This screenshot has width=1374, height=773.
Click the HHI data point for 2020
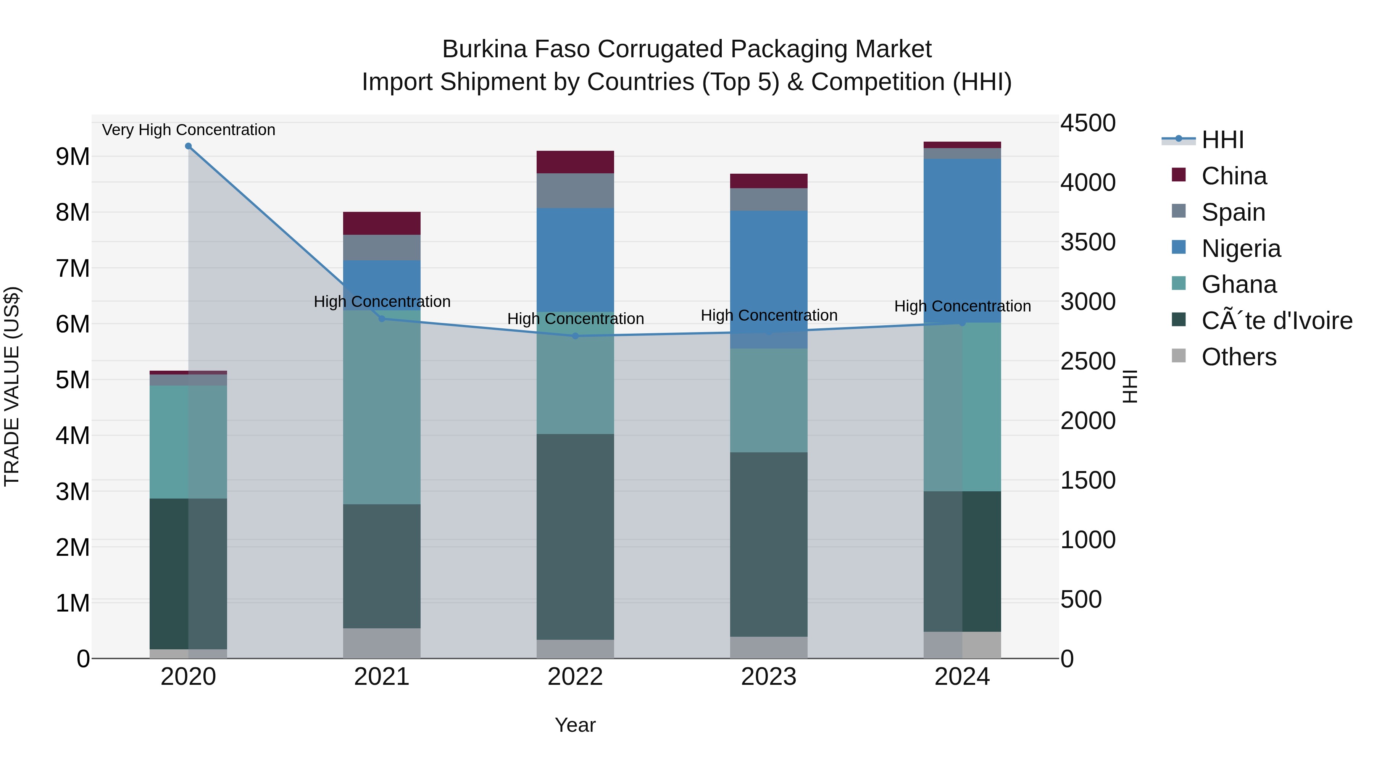(188, 146)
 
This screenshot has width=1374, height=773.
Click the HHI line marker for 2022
(575, 336)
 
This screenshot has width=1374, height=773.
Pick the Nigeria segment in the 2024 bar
(962, 240)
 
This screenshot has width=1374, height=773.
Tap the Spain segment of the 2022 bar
(575, 190)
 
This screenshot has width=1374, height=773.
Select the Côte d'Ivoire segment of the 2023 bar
(769, 544)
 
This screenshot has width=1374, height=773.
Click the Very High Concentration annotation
(188, 130)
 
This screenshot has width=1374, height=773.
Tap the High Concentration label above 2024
(962, 306)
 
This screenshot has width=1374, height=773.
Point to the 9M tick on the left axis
(73, 157)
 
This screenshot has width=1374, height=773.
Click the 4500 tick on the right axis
(1088, 123)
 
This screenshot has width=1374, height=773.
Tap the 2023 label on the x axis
(769, 677)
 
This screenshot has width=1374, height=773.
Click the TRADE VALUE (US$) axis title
(12, 386)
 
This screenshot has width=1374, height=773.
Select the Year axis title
(575, 725)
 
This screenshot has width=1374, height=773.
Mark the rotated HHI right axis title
(1130, 386)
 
